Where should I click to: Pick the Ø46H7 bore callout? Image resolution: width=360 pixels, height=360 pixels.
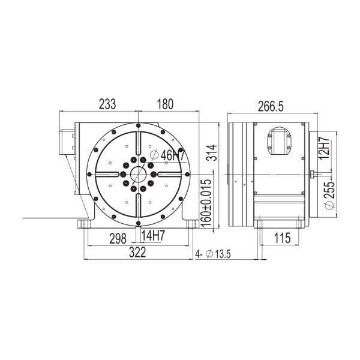coord(169,155)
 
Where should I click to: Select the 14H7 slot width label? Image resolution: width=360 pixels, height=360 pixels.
coord(154,236)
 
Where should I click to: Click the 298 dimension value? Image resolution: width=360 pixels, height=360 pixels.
coord(117,239)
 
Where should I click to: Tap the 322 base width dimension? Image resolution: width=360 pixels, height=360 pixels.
coord(137,253)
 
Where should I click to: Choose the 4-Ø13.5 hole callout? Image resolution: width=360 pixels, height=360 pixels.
coord(215,254)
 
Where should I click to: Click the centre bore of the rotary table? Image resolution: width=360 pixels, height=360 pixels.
coord(138,174)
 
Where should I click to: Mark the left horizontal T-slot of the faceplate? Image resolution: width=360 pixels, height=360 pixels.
coord(108,175)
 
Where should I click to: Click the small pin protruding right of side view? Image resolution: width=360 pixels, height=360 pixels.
coord(313,175)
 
